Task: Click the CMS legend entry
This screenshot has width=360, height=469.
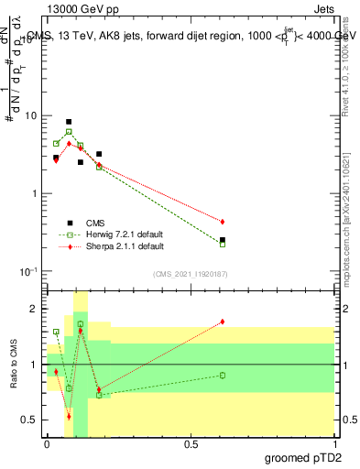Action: tap(95, 223)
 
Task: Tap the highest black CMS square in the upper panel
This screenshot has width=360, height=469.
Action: tap(69, 122)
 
